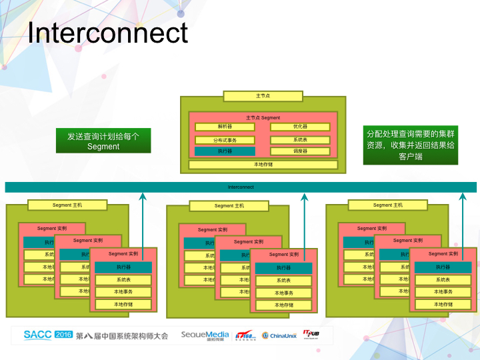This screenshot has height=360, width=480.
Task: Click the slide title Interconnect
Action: pos(107,33)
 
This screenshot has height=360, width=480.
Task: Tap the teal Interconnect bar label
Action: pos(241,187)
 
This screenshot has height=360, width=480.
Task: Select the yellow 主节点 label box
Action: pos(263,96)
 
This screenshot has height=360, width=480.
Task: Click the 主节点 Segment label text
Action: pos(263,117)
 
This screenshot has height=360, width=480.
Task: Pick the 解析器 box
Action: pos(225,127)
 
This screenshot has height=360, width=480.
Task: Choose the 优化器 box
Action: pos(300,127)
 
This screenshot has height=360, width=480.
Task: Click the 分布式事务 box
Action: pos(225,140)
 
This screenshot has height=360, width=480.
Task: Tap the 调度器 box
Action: pos(300,151)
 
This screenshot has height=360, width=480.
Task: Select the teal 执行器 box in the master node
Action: pos(225,151)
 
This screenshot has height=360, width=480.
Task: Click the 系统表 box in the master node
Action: pos(300,140)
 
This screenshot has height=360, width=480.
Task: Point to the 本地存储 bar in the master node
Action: pos(263,164)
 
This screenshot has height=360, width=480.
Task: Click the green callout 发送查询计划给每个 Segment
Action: pos(103,141)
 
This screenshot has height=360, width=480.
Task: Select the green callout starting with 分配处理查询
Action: pos(409,145)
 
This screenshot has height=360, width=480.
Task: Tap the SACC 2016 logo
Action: pos(48,335)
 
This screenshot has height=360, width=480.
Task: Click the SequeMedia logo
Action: pos(205,335)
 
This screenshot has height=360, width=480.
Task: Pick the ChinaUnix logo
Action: pos(279,335)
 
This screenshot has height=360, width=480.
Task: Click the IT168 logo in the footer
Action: pos(245,335)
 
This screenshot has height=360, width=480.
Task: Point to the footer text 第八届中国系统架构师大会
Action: pos(122,335)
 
